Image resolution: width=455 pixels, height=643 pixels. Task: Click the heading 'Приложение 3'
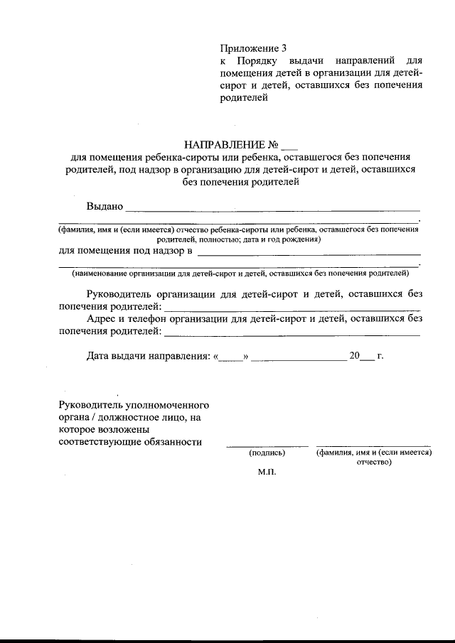pos(253,49)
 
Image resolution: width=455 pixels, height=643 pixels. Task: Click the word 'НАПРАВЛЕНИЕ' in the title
pos(227,146)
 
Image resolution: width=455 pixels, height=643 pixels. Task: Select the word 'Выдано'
pos(105,207)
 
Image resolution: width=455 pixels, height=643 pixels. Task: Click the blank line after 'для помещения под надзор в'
pos(309,254)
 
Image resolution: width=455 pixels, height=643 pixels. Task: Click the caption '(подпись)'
pos(267,452)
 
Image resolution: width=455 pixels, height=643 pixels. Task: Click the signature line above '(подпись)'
pos(267,445)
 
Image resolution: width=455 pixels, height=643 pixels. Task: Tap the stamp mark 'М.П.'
pos(266,472)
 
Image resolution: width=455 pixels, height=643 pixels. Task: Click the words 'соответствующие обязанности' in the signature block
pos(130,442)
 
